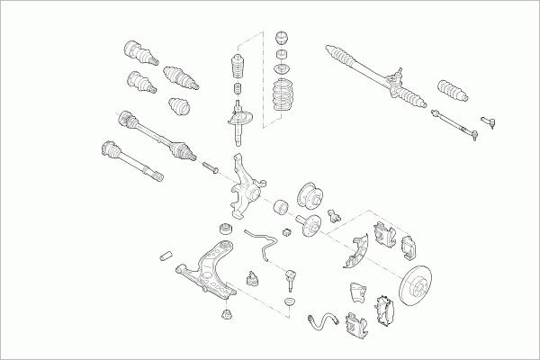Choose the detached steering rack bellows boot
(x=451, y=91)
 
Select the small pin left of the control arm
(x=166, y=256)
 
